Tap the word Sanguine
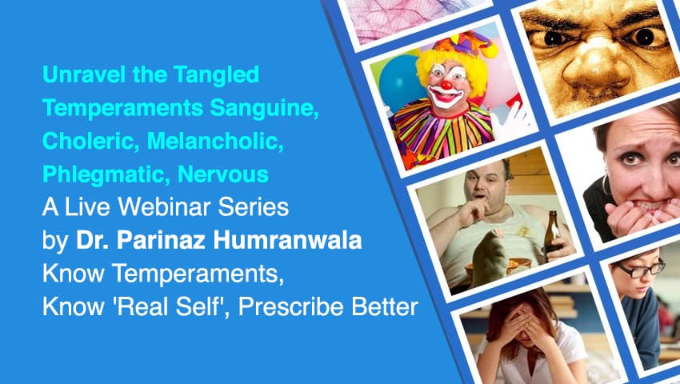click(x=264, y=109)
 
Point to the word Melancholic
click(x=215, y=141)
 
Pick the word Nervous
click(x=223, y=174)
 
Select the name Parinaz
click(x=161, y=240)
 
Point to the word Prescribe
click(x=291, y=306)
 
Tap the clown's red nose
click(x=446, y=85)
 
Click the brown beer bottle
click(x=552, y=232)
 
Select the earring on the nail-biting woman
click(x=606, y=186)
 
